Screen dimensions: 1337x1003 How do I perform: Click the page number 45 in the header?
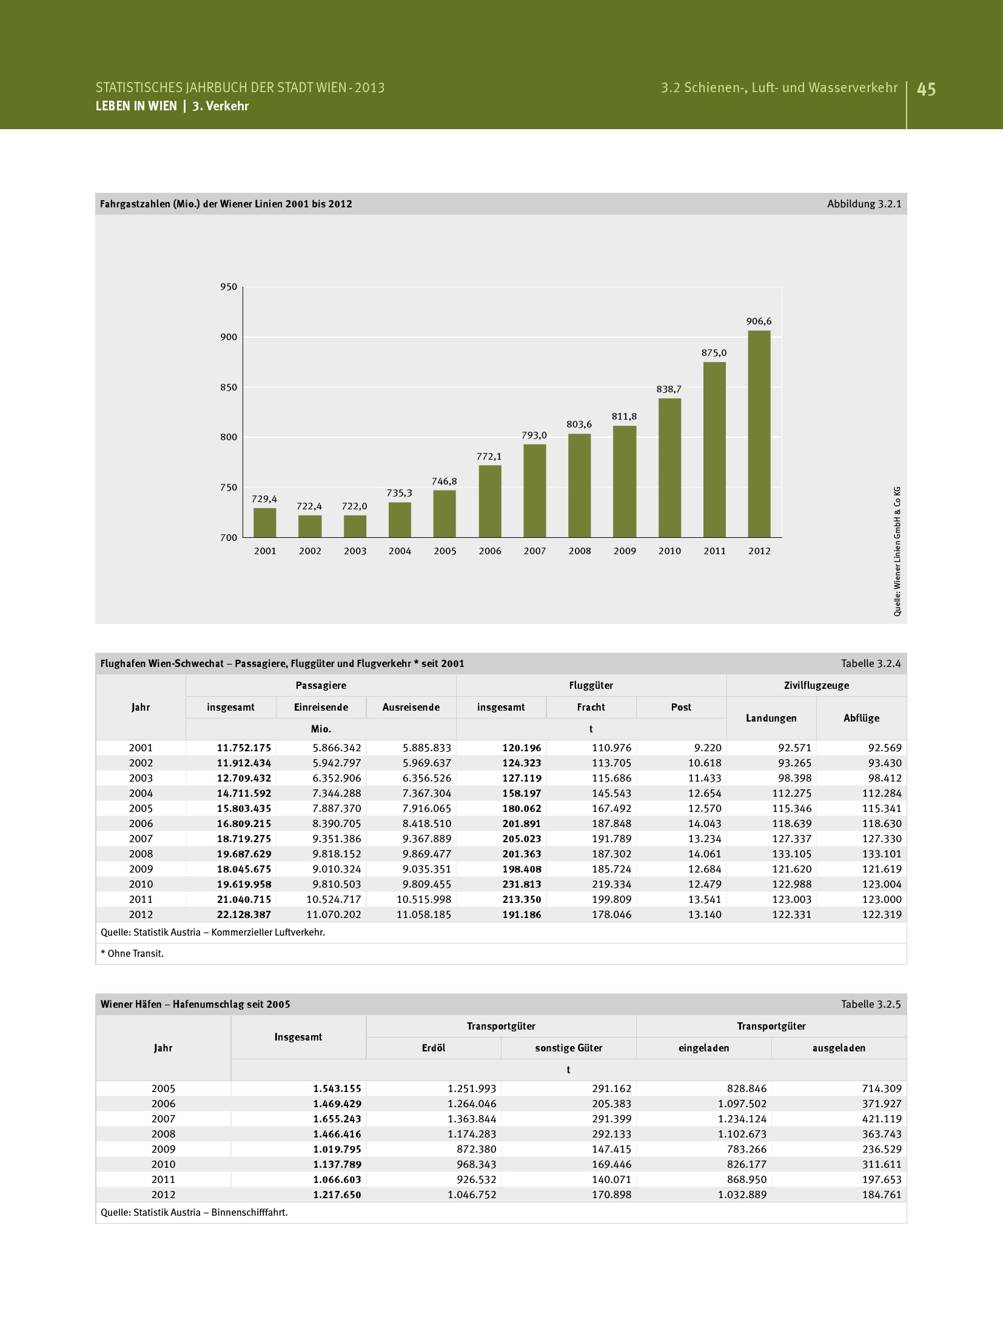(x=926, y=90)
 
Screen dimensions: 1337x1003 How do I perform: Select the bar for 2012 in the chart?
(x=759, y=434)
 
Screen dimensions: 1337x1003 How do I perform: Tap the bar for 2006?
(x=490, y=501)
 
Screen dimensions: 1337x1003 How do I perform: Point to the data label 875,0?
(x=714, y=353)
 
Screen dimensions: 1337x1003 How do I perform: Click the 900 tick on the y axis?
(x=229, y=337)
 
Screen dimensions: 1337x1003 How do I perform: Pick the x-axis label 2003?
(x=355, y=551)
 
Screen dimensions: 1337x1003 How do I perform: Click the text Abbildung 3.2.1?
(x=864, y=204)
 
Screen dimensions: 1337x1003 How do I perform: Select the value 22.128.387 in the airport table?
(x=244, y=914)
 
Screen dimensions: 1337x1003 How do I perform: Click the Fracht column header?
(x=591, y=707)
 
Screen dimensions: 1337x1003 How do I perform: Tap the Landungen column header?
(x=771, y=718)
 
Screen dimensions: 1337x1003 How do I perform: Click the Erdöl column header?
(x=434, y=1048)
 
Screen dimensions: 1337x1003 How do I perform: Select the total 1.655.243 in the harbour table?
(x=337, y=1119)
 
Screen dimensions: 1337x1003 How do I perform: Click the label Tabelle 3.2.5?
(x=870, y=1004)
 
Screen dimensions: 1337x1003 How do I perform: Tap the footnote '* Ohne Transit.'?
(x=132, y=953)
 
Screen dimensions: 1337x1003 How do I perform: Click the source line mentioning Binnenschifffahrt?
(x=194, y=1212)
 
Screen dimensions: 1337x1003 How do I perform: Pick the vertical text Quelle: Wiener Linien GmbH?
(x=897, y=551)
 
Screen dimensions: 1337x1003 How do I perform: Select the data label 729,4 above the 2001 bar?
(x=264, y=499)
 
